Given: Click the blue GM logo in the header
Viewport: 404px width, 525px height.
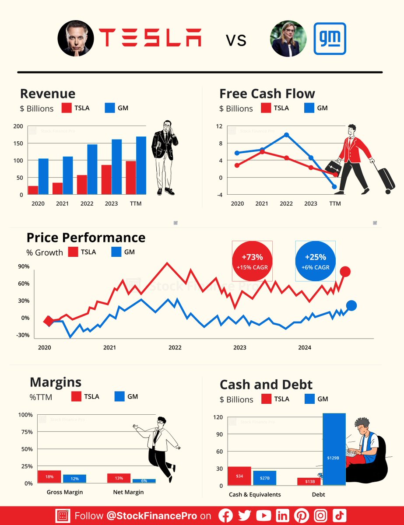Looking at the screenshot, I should pyautogui.click(x=330, y=39).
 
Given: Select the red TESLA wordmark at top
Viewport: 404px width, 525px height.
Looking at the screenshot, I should pyautogui.click(x=150, y=38).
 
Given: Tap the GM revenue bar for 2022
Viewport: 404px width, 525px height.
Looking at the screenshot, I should pyautogui.click(x=92, y=169).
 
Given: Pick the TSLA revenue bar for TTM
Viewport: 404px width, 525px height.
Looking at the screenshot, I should pyautogui.click(x=130, y=178).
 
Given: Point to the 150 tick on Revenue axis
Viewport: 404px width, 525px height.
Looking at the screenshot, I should pyautogui.click(x=18, y=143).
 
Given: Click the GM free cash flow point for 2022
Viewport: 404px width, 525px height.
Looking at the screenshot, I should pyautogui.click(x=286, y=135).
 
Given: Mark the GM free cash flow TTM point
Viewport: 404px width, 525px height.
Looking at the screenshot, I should pyautogui.click(x=335, y=187).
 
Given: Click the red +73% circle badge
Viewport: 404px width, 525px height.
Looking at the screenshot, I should pyautogui.click(x=253, y=261).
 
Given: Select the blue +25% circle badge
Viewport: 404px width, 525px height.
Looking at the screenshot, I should pyautogui.click(x=316, y=261).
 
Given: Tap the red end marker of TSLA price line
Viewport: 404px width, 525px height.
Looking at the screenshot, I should pyautogui.click(x=345, y=272).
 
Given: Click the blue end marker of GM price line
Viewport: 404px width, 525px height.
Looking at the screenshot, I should pyautogui.click(x=351, y=305).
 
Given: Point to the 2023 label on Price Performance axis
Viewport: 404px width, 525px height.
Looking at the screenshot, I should pyautogui.click(x=240, y=348).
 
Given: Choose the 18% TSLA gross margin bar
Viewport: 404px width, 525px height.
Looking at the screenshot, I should pyautogui.click(x=49, y=477).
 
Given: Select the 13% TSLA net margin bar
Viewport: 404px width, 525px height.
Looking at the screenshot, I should pyautogui.click(x=119, y=478).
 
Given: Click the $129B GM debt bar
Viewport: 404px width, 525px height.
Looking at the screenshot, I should pyautogui.click(x=334, y=449).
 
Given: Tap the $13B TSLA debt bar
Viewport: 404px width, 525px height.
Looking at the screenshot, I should pyautogui.click(x=309, y=481).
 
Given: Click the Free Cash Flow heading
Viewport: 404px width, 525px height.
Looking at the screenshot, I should pyautogui.click(x=267, y=94).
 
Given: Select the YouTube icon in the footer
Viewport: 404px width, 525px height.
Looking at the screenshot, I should pyautogui.click(x=263, y=516).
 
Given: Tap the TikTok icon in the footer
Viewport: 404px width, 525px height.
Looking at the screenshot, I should pyautogui.click(x=340, y=516).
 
